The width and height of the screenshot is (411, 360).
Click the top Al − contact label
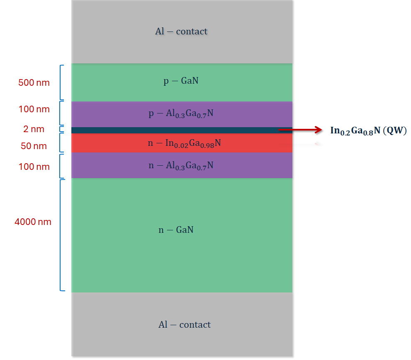(x=181, y=31)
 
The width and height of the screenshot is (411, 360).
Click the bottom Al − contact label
(x=185, y=325)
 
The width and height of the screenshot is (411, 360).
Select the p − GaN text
(x=181, y=81)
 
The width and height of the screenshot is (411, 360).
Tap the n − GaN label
(x=176, y=230)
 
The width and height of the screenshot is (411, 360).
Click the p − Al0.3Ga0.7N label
(x=181, y=114)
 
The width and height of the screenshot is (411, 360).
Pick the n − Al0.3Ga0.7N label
(x=181, y=166)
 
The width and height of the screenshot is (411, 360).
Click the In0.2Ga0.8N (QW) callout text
(x=368, y=130)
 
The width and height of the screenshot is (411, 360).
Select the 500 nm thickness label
(x=34, y=83)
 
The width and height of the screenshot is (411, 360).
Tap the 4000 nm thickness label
(x=33, y=222)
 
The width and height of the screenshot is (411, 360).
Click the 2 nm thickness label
(x=34, y=129)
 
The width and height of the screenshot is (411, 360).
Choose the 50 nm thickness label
(x=34, y=146)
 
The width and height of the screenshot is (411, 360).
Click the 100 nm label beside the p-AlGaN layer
(x=34, y=109)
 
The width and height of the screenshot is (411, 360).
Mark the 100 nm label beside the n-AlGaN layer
(x=34, y=167)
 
